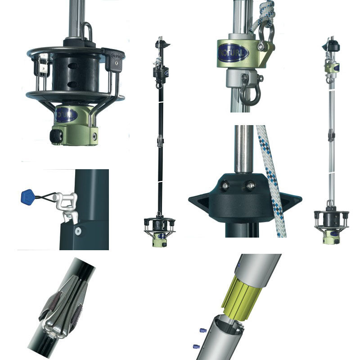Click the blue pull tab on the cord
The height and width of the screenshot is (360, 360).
point(27,197)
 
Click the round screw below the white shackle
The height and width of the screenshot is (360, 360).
point(78,231)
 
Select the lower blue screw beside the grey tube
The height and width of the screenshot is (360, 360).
point(196,346)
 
